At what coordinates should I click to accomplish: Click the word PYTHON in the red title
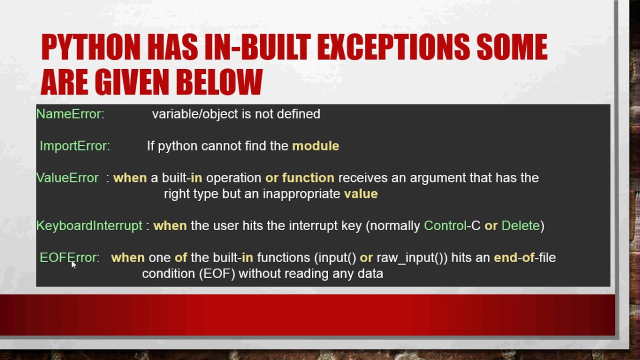(91, 47)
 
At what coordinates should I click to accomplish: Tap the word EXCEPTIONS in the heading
(393, 47)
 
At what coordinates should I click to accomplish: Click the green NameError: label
(70, 114)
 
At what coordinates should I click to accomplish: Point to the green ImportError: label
(74, 146)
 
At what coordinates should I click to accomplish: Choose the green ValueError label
(67, 178)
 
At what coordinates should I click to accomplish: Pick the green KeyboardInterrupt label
(89, 225)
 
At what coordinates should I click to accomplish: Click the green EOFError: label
(69, 257)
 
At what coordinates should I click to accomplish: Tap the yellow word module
(315, 146)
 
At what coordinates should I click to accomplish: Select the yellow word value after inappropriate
(360, 194)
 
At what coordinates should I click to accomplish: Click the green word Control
(444, 225)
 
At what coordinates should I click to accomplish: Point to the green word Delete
(520, 225)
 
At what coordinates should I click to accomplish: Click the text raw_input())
(411, 258)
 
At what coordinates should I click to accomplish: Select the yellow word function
(308, 178)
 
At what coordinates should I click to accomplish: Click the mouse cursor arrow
(73, 264)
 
